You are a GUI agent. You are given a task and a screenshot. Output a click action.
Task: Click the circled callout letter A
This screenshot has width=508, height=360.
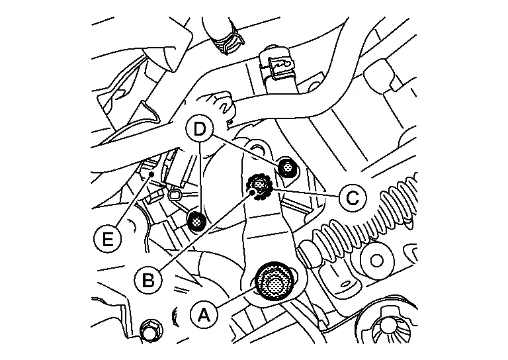pos(204,314)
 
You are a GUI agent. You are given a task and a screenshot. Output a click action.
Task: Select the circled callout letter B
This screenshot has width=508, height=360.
pos(148,280)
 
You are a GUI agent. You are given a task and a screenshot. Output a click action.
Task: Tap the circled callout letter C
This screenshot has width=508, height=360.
pos(353,197)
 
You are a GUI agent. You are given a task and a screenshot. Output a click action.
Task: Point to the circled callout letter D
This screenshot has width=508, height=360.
pos(200,129)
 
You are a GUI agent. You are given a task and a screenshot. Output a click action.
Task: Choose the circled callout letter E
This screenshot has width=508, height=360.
pos(107,240)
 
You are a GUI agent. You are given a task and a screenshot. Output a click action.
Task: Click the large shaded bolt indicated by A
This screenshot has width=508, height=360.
pos(275,282)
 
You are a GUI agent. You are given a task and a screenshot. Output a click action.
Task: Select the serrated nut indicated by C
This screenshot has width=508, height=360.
pos(260,187)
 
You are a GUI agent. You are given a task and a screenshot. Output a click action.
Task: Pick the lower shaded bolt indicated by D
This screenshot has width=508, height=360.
pos(196,222)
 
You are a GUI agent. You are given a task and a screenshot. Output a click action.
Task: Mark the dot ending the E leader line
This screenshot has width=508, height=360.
pos(151,175)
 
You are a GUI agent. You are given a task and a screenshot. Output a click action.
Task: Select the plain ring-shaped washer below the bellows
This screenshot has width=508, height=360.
pos(376,261)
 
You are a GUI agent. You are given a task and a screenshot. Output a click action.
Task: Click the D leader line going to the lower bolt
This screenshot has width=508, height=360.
pos(200,178)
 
